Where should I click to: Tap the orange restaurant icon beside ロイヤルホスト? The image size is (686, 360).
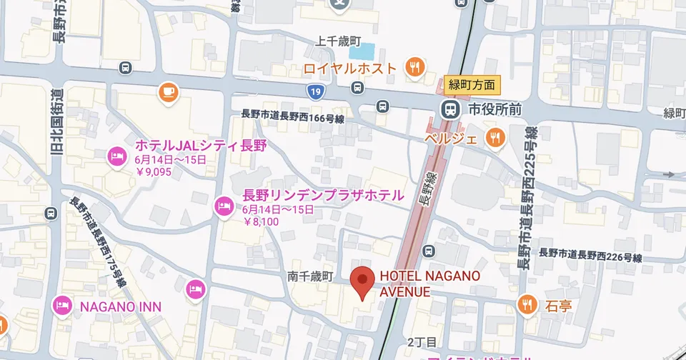click(x=414, y=68)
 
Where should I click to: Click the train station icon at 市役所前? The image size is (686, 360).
click(x=449, y=111)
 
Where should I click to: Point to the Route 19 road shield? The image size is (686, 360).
click(x=315, y=91)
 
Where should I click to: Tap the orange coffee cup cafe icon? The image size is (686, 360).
click(x=167, y=91)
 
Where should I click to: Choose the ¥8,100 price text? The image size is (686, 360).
click(x=261, y=221)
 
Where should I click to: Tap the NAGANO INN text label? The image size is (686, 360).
click(x=120, y=306)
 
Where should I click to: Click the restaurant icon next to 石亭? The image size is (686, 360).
click(x=527, y=304)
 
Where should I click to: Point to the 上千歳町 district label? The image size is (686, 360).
click(x=340, y=41)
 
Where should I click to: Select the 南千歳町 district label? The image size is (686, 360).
click(x=311, y=276)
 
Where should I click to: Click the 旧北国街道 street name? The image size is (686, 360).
click(x=58, y=121)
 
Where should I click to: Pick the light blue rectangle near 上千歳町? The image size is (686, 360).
click(x=362, y=52)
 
